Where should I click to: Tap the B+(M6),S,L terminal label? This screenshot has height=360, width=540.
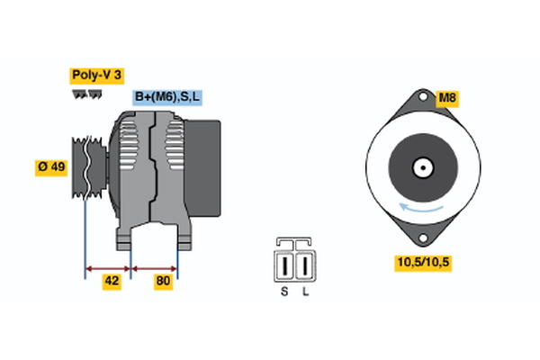pyautogui.click(x=167, y=96)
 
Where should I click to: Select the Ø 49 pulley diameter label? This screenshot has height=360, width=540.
pyautogui.click(x=51, y=166)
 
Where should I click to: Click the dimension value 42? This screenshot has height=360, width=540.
pyautogui.click(x=112, y=281)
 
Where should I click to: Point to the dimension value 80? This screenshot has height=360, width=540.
pyautogui.click(x=164, y=281)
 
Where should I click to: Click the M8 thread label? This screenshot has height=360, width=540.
pyautogui.click(x=447, y=98)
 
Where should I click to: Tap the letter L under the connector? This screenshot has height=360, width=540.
pyautogui.click(x=306, y=292)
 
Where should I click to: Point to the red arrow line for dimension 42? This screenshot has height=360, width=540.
pyautogui.click(x=108, y=267)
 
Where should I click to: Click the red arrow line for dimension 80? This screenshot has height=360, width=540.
pyautogui.click(x=154, y=267)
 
